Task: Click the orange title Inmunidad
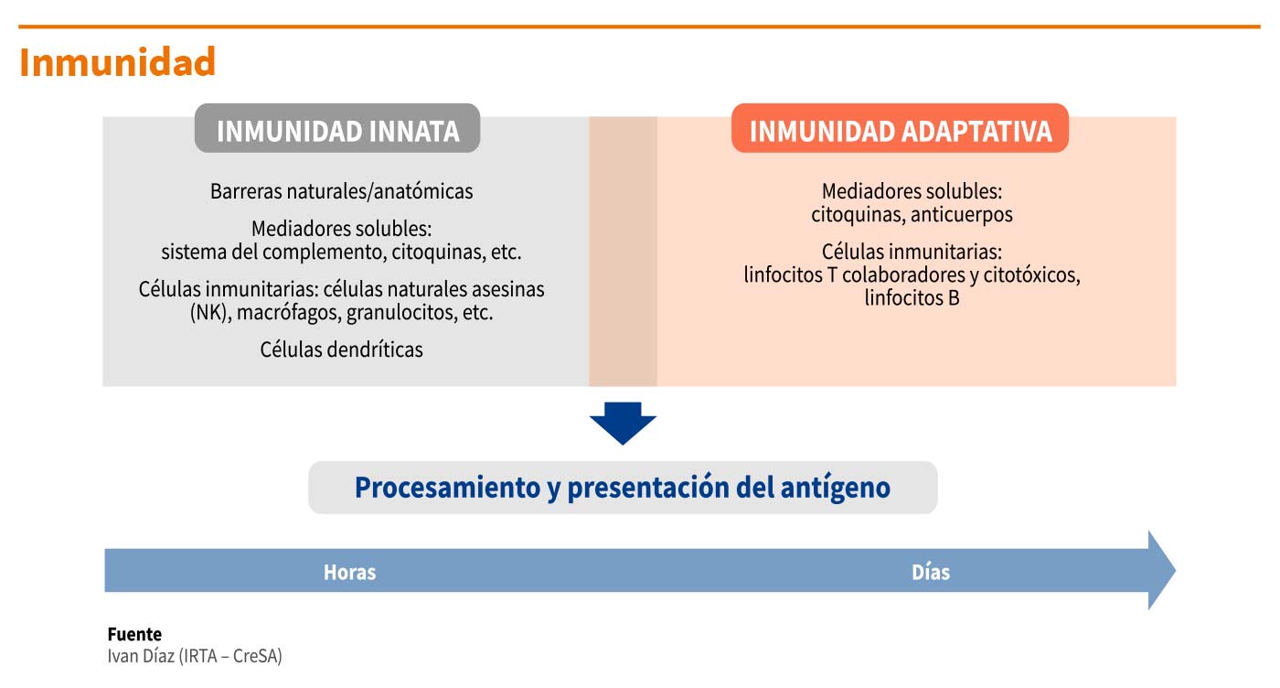coord(117,62)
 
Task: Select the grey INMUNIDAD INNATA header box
coord(337,128)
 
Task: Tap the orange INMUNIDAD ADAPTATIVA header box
coord(900,128)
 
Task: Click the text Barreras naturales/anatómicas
coord(342,191)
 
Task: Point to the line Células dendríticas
coord(342,349)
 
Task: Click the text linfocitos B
coord(912,298)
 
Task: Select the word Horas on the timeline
coord(349,572)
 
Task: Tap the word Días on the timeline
coord(931,572)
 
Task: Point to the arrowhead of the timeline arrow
coord(1175,570)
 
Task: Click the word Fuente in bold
coord(134,634)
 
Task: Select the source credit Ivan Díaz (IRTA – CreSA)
coord(195,656)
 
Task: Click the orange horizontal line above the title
coord(639,27)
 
